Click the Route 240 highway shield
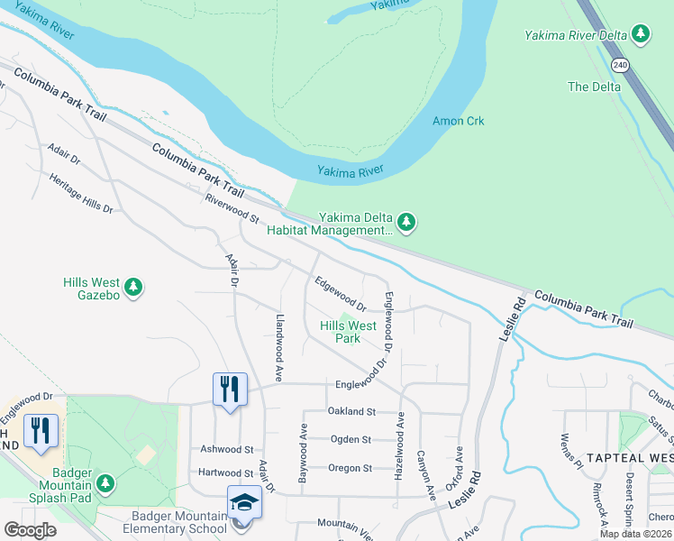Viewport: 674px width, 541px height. [619, 65]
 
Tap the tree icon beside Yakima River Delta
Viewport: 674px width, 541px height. [641, 34]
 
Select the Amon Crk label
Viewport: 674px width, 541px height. [459, 121]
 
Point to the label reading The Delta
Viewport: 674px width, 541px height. [594, 87]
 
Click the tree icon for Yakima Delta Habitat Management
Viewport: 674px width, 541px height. [406, 222]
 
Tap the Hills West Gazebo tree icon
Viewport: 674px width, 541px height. [133, 287]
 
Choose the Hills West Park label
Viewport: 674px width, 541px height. [348, 332]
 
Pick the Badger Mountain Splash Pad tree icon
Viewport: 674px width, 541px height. [105, 484]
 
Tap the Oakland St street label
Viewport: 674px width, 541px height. [351, 411]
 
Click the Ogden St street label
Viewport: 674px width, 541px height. [351, 439]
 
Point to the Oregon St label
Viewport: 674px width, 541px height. [350, 468]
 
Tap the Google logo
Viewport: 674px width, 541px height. [30, 529]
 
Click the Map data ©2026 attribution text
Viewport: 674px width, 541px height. [635, 534]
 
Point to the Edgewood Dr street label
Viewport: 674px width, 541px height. [340, 294]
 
